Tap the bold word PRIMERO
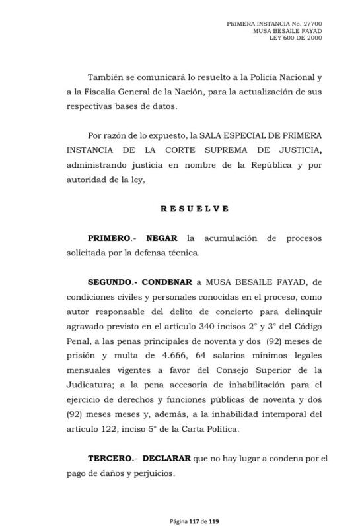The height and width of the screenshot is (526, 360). (x=108, y=237)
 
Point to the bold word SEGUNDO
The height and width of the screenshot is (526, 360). (x=110, y=282)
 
